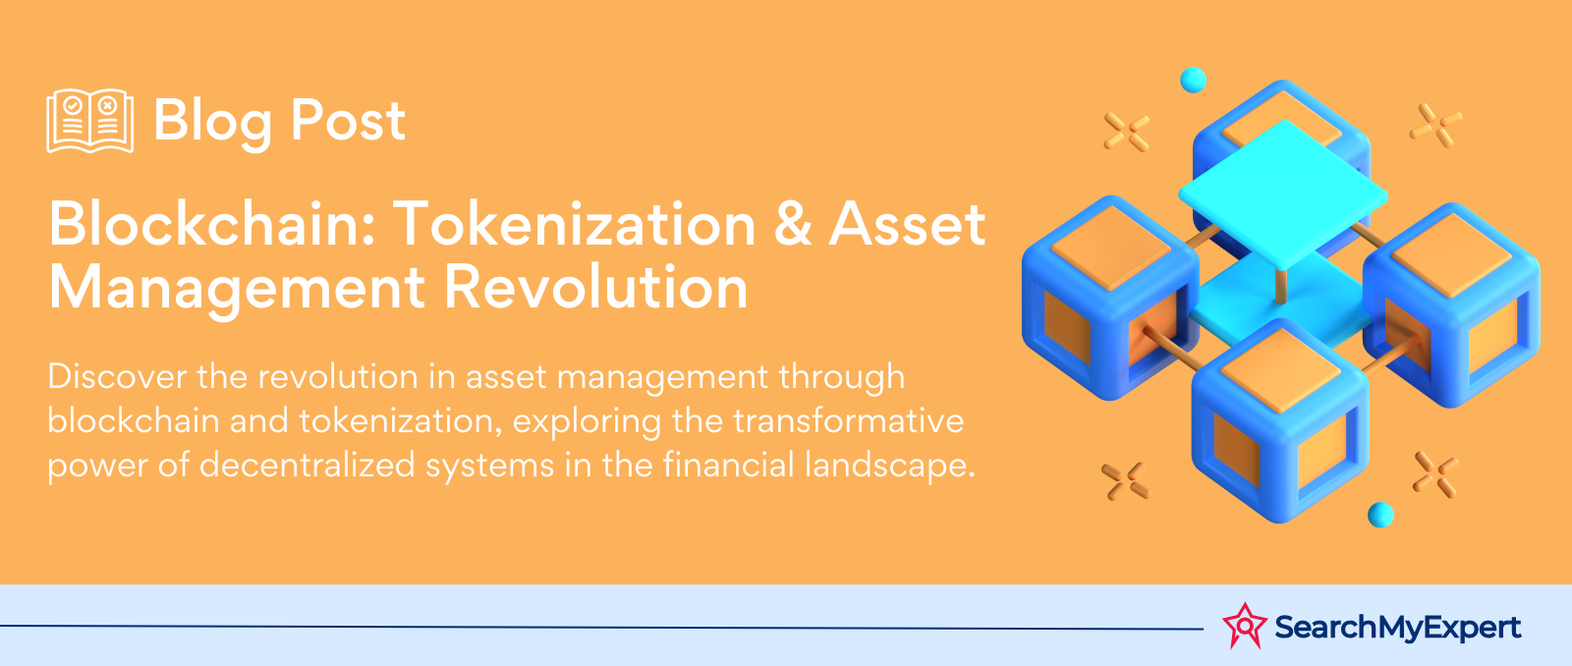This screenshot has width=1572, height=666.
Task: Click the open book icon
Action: pyautogui.click(x=89, y=121)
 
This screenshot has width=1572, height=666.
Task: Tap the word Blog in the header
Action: pyautogui.click(x=212, y=122)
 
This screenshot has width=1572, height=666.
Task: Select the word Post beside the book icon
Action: pyautogui.click(x=348, y=120)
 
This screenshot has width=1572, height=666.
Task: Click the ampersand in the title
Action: pyautogui.click(x=792, y=225)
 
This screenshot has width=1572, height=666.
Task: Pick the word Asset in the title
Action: pyautogui.click(x=908, y=225)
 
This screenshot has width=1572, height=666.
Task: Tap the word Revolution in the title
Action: pyautogui.click(x=596, y=287)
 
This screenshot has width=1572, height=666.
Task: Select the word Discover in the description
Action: pyautogui.click(x=117, y=377)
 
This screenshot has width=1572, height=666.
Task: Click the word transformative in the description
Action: pyautogui.click(x=849, y=421)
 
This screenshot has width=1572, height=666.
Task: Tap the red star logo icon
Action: pyautogui.click(x=1244, y=626)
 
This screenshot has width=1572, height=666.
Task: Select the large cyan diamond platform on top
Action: pyautogui.click(x=1283, y=194)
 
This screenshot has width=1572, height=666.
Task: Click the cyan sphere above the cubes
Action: pyautogui.click(x=1193, y=80)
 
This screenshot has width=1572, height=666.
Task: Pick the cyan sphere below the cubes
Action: pyautogui.click(x=1380, y=515)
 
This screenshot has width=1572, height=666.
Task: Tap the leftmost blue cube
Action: pyautogui.click(x=1110, y=298)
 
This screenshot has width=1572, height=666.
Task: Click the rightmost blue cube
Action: pyautogui.click(x=1451, y=305)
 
